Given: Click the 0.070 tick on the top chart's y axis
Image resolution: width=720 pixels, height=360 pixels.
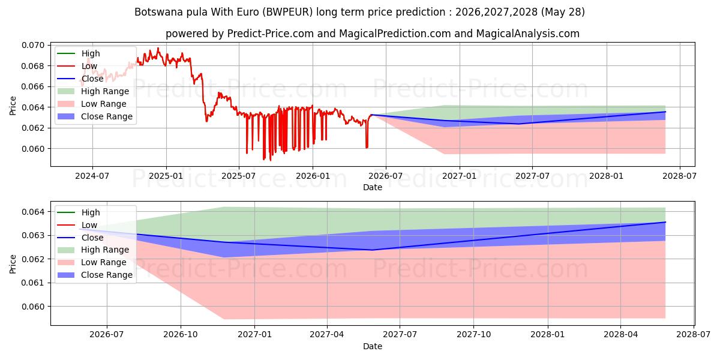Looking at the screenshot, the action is (33, 46).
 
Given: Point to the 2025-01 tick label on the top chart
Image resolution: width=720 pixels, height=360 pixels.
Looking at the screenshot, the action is (166, 176).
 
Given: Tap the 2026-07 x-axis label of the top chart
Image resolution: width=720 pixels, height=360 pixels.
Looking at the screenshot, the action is (386, 176).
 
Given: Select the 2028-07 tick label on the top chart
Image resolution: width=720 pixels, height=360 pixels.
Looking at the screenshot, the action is (680, 176).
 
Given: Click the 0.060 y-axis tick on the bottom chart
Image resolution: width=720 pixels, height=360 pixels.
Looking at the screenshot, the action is (33, 307).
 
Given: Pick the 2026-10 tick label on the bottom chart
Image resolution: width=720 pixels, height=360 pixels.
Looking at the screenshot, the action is (181, 335).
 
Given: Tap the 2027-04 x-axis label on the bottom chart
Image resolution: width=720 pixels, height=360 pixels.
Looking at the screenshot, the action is (327, 335).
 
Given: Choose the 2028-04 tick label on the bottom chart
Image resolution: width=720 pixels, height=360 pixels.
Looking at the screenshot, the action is (620, 335).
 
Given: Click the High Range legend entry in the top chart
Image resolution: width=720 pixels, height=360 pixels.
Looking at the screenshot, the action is (93, 91).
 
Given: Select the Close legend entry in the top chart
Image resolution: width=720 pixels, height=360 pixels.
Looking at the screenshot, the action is (80, 79).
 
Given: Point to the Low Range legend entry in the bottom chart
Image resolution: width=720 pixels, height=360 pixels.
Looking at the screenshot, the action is (92, 262).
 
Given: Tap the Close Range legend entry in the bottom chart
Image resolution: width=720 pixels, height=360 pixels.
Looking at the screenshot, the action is (95, 275).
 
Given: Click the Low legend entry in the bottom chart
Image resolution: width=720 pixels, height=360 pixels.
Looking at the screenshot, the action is (77, 225).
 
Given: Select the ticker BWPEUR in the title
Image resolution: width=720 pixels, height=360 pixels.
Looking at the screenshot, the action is (287, 12).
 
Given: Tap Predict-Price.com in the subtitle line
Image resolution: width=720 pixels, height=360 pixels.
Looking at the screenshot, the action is (271, 34).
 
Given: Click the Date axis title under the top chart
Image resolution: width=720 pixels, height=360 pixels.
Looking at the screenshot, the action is (373, 187).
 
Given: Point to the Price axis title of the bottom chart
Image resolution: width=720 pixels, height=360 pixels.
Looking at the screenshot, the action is (13, 264).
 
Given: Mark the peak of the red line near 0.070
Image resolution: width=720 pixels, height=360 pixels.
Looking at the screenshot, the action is (158, 48).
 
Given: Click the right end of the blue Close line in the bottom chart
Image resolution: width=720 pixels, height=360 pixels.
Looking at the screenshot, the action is (665, 222).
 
